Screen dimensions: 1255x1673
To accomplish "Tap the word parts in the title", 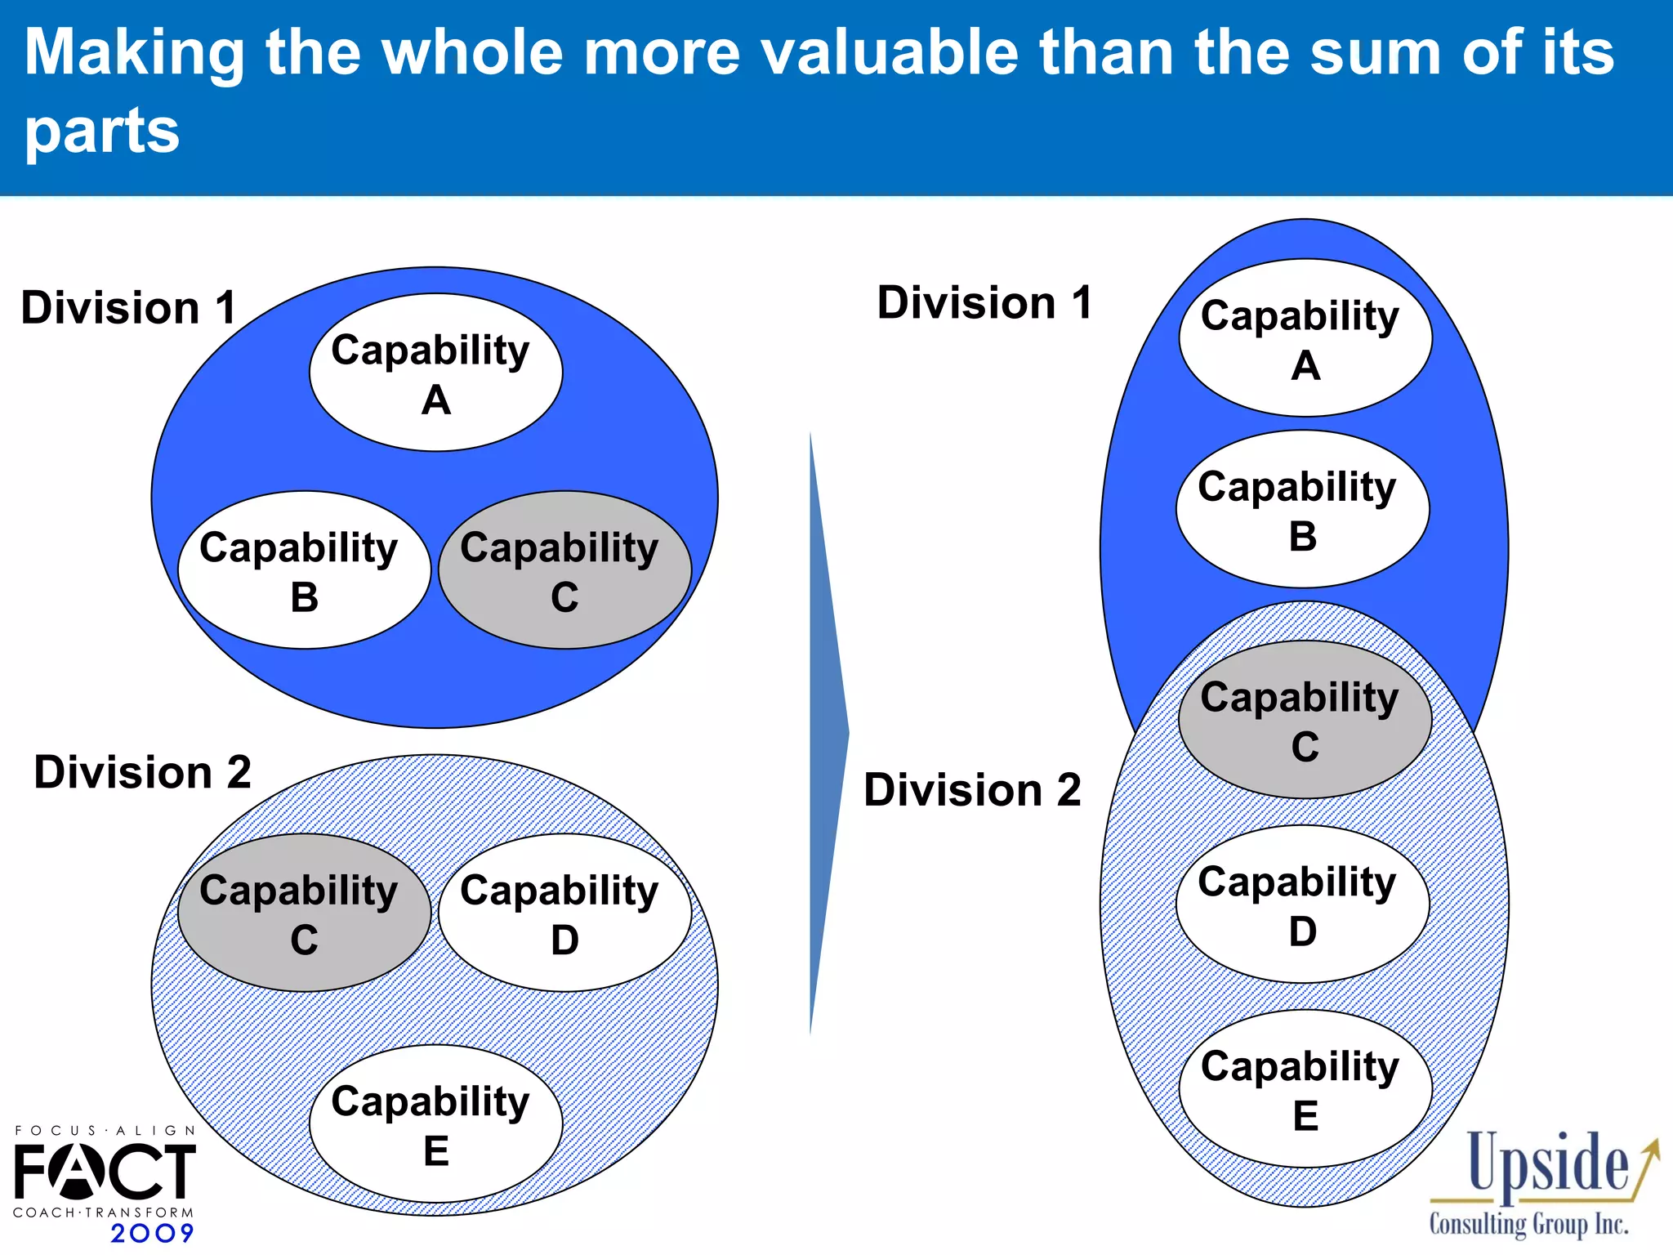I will click(x=101, y=131).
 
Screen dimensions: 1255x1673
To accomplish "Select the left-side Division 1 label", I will click(x=128, y=308).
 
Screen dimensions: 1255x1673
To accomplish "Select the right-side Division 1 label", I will click(x=984, y=303).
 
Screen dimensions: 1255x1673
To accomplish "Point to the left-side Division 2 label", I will click(x=142, y=772).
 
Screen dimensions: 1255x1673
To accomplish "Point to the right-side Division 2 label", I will click(x=972, y=790).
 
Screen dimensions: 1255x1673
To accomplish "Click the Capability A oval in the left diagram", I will click(x=435, y=373).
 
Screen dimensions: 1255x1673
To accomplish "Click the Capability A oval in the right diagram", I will click(x=1305, y=338).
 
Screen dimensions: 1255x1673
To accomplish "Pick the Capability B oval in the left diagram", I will click(x=304, y=570).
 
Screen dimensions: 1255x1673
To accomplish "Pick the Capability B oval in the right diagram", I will click(x=1302, y=509).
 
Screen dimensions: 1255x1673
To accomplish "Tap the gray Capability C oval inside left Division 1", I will click(x=564, y=570).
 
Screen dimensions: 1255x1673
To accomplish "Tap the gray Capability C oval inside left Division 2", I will click(x=304, y=913).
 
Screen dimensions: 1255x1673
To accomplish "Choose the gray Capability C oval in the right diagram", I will click(x=1305, y=720).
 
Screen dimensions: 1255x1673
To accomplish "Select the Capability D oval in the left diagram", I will click(x=564, y=913).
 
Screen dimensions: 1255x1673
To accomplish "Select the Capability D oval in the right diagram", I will click(x=1302, y=904).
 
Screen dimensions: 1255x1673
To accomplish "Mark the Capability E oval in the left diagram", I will click(x=435, y=1123).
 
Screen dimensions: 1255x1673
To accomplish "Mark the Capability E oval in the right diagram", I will click(x=1305, y=1089).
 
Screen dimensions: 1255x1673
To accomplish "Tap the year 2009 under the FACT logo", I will click(x=152, y=1233).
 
